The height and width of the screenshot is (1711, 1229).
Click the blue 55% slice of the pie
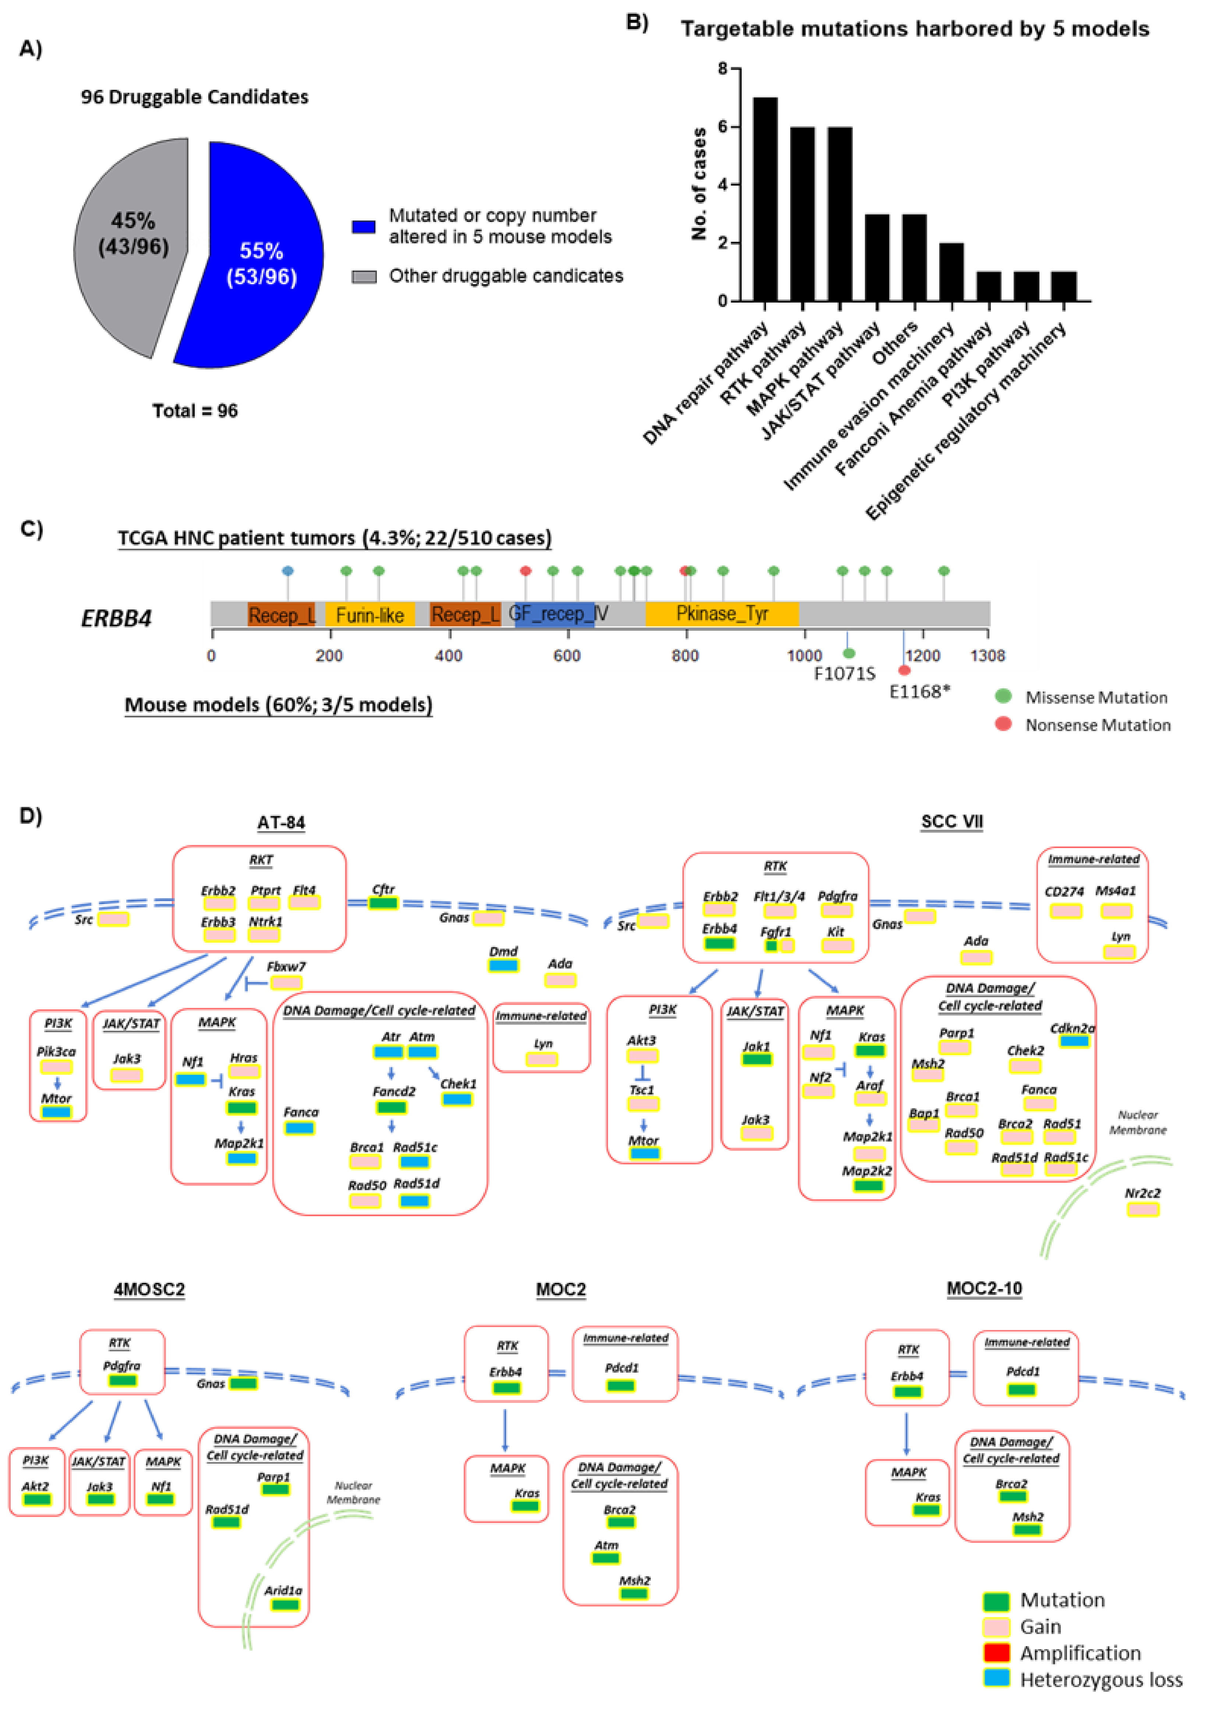coord(257,264)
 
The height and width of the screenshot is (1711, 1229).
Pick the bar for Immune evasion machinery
coord(951,272)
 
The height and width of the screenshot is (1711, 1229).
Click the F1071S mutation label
coord(844,673)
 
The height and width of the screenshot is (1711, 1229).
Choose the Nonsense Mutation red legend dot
coord(1003,724)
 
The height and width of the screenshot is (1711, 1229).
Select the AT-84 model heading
coord(280,822)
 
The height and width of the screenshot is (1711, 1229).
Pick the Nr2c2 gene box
coord(1142,1209)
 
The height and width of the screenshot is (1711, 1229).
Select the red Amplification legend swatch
coord(996,1653)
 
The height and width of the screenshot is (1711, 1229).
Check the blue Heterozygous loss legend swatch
coord(996,1679)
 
